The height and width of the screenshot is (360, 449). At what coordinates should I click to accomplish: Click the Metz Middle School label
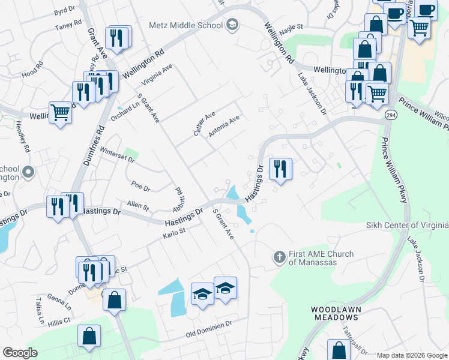(186, 25)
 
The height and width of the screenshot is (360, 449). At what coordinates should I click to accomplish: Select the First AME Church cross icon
(279, 257)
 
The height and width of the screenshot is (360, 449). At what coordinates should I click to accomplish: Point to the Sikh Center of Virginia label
(407, 225)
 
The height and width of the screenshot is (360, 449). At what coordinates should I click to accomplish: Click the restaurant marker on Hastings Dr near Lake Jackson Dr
(280, 169)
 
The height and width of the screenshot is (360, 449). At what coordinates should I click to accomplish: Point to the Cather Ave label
(204, 123)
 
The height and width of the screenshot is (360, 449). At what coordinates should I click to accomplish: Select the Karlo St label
(175, 232)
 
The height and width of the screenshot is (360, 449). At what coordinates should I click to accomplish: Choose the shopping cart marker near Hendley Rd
(60, 112)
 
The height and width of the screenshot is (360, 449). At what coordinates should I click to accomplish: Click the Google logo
(20, 353)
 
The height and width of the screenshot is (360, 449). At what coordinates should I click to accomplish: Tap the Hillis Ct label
(61, 321)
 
